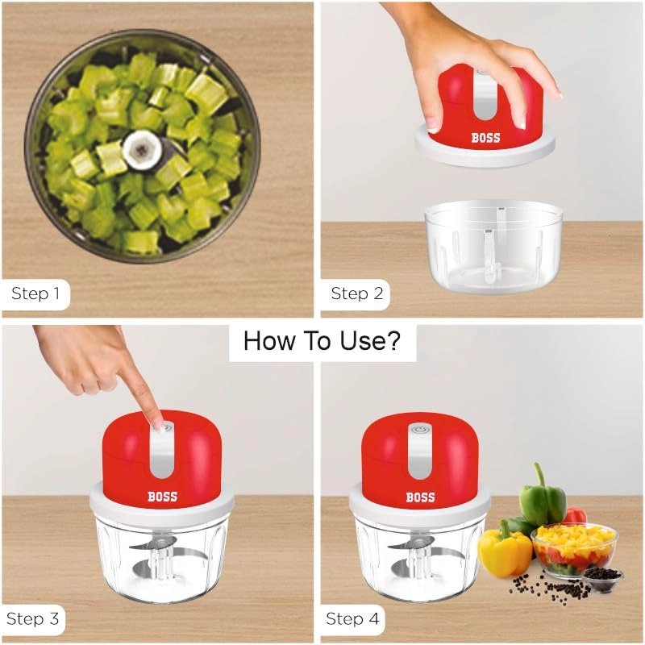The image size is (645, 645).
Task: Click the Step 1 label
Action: tap(35, 293)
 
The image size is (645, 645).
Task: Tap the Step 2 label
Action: tap(356, 293)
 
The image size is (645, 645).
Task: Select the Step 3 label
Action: tap(34, 619)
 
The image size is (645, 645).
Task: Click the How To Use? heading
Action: tap(322, 341)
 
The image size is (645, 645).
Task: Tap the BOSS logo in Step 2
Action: tap(485, 138)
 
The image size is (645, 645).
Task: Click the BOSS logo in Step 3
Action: tap(162, 497)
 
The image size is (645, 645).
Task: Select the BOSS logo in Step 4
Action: tap(420, 497)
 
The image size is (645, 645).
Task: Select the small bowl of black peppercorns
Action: tap(601, 576)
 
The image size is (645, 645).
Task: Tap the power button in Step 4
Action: tap(419, 431)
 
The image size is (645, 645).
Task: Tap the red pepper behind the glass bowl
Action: tap(575, 516)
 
